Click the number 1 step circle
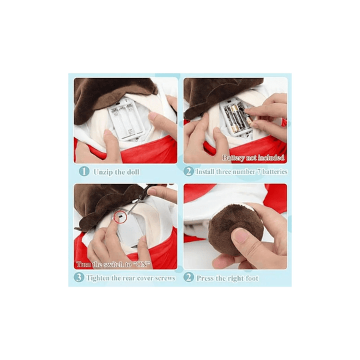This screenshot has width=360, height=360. pyautogui.click(x=84, y=171)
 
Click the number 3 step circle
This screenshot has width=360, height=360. pyautogui.click(x=79, y=277)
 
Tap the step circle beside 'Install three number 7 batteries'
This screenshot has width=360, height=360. pyautogui.click(x=188, y=171)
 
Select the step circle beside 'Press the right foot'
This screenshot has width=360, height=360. pyautogui.click(x=188, y=277)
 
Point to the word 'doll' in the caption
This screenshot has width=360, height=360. pyautogui.click(x=133, y=172)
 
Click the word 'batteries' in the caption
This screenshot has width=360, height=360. pyautogui.click(x=275, y=171)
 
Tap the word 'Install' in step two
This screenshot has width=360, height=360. pyautogui.click(x=205, y=171)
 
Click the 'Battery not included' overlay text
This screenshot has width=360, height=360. pyautogui.click(x=253, y=158)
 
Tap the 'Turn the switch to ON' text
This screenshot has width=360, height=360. pyautogui.click(x=113, y=264)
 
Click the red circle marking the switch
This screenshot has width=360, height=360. pyautogui.click(x=120, y=217)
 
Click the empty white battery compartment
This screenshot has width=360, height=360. pyautogui.click(x=127, y=119)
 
